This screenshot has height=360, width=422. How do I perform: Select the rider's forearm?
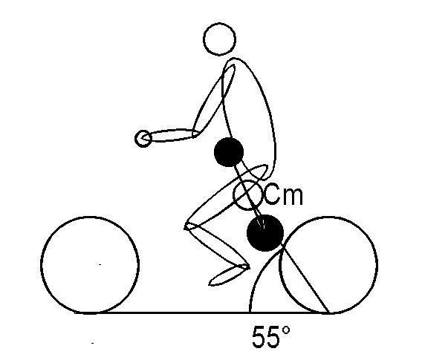(172, 135)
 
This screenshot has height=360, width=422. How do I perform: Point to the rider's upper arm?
(214, 99)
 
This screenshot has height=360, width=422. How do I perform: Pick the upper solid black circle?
(229, 152)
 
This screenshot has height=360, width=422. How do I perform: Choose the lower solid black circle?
(265, 233)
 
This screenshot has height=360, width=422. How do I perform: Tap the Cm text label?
(284, 194)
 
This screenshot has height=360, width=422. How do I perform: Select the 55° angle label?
(271, 336)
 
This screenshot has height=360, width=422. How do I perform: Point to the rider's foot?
(229, 275)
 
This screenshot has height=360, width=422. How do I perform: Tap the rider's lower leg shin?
(218, 246)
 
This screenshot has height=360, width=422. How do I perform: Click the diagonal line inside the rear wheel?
(306, 281)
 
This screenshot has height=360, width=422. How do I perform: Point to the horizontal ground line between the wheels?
(202, 313)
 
